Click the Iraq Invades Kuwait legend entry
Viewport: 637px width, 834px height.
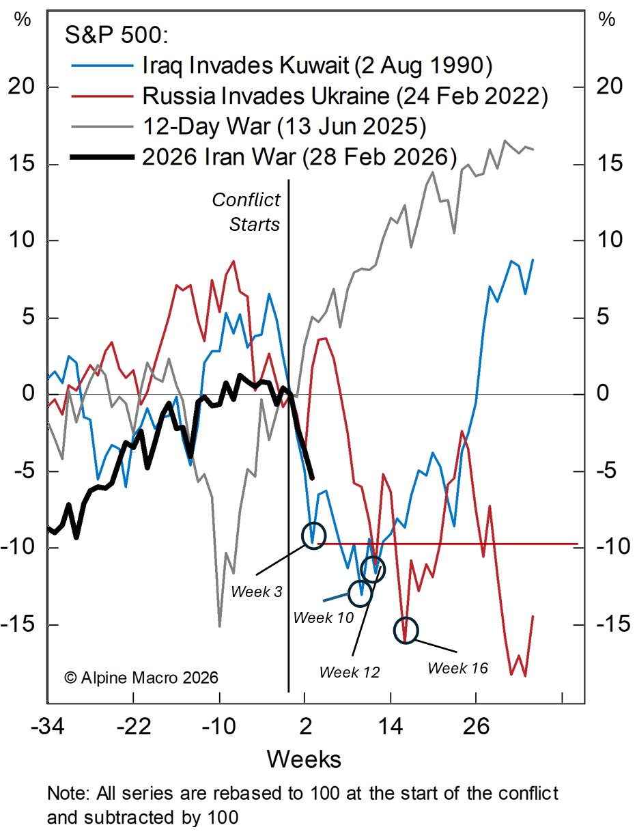click(317, 66)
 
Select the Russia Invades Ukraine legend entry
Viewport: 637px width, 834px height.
click(345, 96)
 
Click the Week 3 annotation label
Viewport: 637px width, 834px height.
click(256, 589)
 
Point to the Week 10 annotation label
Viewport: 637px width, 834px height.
click(324, 617)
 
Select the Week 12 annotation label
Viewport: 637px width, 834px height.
click(349, 671)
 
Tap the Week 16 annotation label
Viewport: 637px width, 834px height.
click(457, 667)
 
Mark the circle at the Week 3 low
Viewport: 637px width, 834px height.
click(313, 536)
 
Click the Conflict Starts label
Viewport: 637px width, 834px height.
click(246, 212)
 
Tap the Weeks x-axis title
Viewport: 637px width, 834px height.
click(304, 758)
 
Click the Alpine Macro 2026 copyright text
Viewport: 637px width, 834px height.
click(141, 678)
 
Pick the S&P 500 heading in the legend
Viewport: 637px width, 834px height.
click(107, 35)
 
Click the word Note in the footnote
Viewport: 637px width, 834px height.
click(66, 794)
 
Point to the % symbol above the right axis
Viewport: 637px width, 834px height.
click(606, 20)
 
